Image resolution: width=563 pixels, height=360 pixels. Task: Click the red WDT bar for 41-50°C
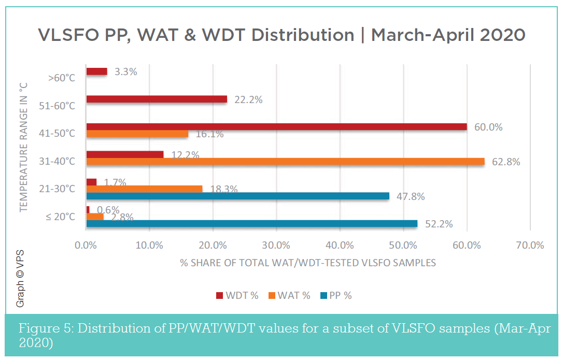(x=276, y=127)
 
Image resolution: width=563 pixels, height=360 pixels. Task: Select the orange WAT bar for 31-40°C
(x=285, y=162)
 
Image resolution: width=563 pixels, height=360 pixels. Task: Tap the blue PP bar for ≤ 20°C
(x=251, y=224)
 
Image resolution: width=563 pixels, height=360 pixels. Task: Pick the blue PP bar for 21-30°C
(x=237, y=196)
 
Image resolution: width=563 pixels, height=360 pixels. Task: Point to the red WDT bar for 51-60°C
(x=157, y=99)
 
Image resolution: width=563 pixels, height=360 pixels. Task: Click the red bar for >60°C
(x=96, y=71)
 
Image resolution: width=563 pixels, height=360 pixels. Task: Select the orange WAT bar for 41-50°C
(x=137, y=134)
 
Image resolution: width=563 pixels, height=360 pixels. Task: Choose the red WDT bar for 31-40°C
(x=125, y=154)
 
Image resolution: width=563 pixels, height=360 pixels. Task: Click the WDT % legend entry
(x=237, y=296)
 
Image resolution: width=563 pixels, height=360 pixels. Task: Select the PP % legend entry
(x=336, y=296)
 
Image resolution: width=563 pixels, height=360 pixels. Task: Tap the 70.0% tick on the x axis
(x=530, y=245)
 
